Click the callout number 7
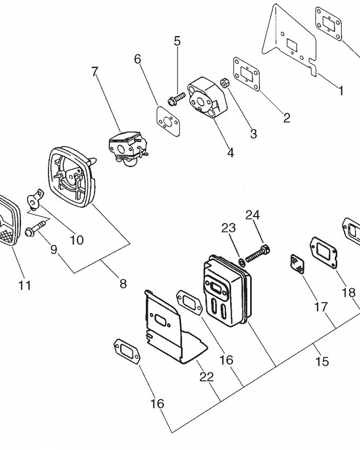[95, 72]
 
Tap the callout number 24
[252, 215]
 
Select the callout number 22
[207, 377]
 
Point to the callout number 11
[24, 285]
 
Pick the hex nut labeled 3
[224, 83]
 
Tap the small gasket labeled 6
[168, 121]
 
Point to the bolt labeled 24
[258, 253]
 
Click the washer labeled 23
[242, 261]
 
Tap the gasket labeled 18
[323, 253]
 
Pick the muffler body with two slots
[227, 290]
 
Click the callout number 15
[322, 361]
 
